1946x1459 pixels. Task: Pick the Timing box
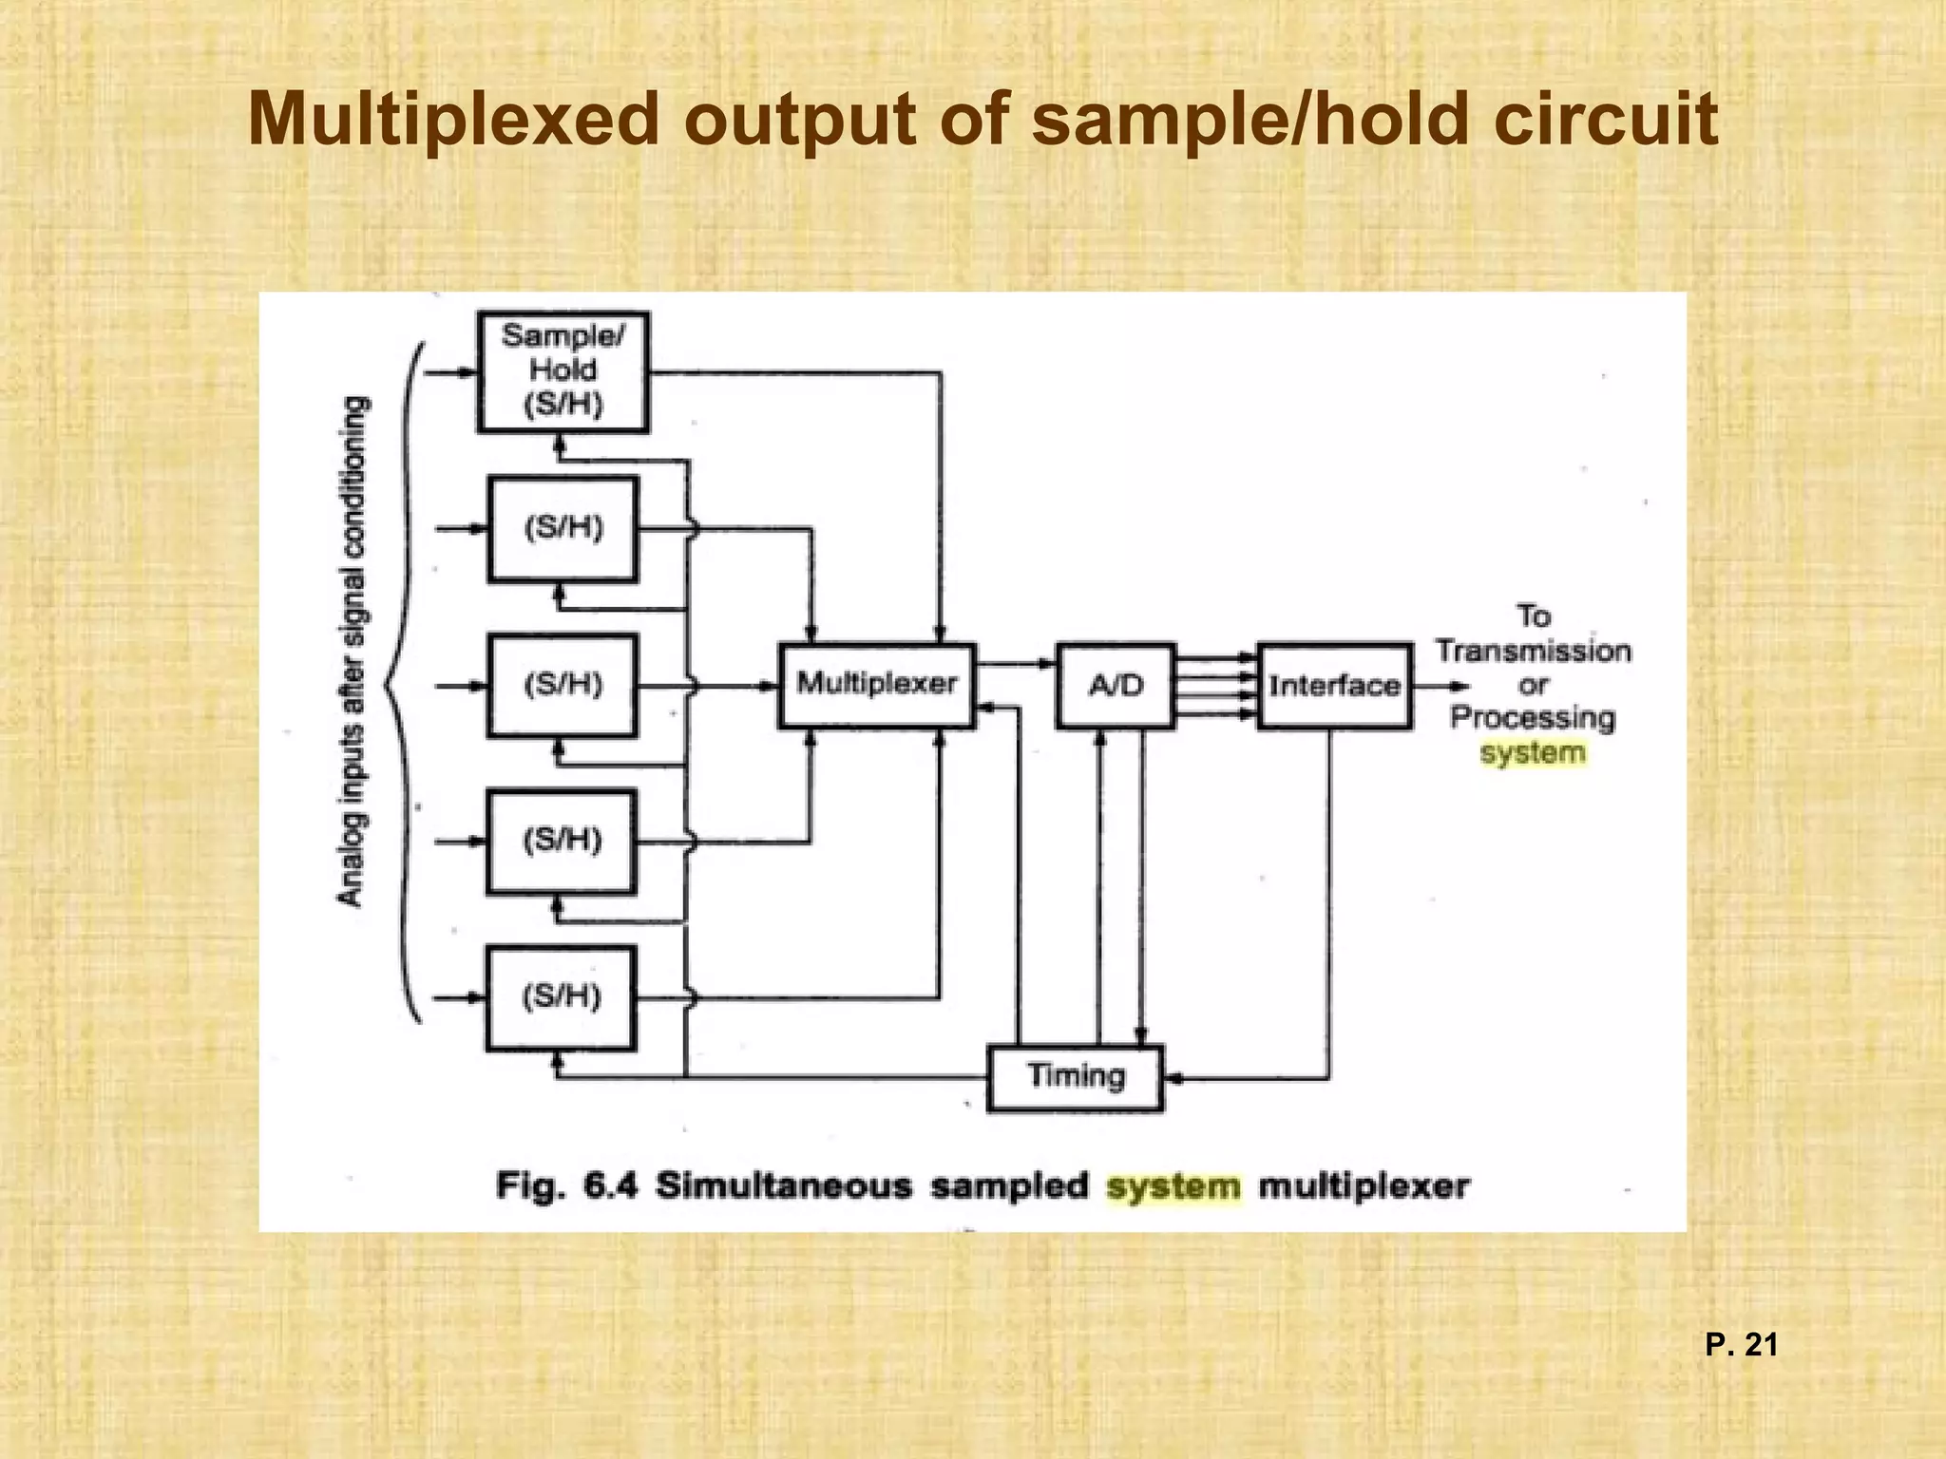pyautogui.click(x=1075, y=1077)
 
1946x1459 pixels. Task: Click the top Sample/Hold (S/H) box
pyautogui.click(x=563, y=371)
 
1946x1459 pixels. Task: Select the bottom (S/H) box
pyautogui.click(x=561, y=997)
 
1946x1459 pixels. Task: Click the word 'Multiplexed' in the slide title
pyautogui.click(x=453, y=121)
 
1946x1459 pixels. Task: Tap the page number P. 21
pyautogui.click(x=1741, y=1345)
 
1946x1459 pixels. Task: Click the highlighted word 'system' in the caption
pyautogui.click(x=1173, y=1186)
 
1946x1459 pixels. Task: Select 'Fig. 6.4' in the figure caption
pyautogui.click(x=565, y=1186)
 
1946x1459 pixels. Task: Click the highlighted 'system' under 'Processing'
pyautogui.click(x=1533, y=753)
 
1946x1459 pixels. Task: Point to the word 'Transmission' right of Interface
pyautogui.click(x=1533, y=652)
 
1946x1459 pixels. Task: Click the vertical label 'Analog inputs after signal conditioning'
pyautogui.click(x=352, y=652)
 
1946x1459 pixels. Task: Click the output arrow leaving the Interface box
pyautogui.click(x=1440, y=686)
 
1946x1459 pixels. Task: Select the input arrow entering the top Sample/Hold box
pyautogui.click(x=450, y=373)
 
